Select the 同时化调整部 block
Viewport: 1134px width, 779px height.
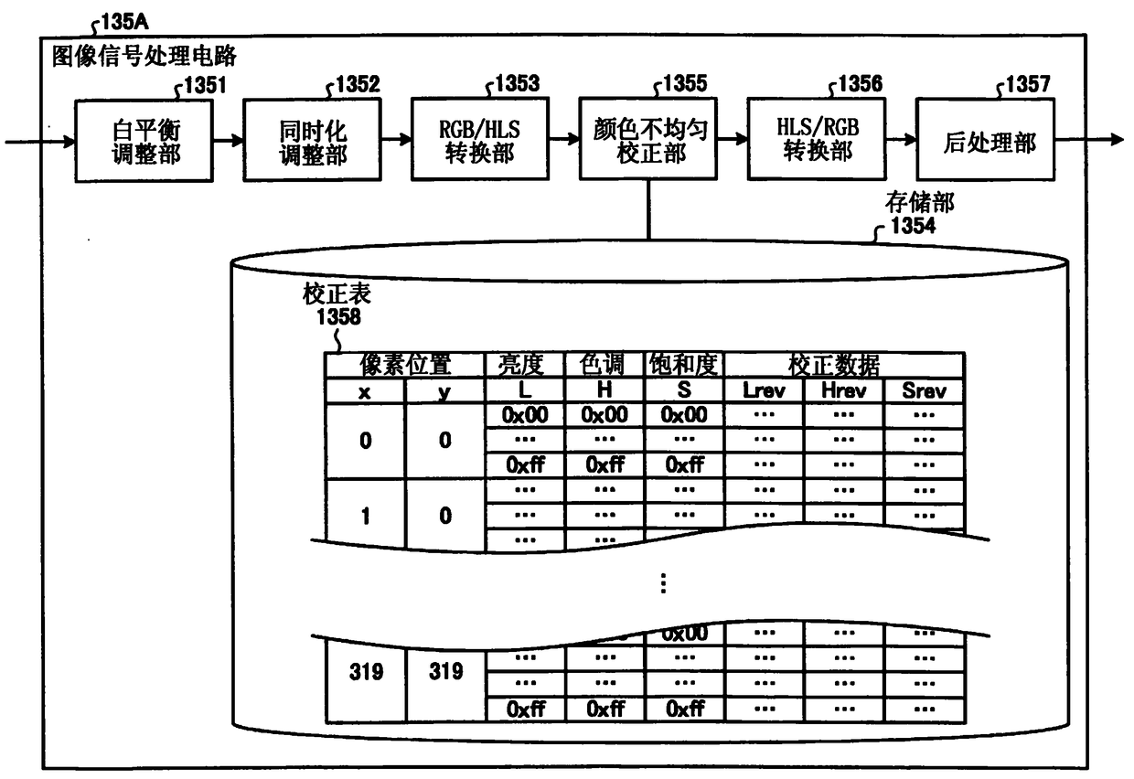pos(312,140)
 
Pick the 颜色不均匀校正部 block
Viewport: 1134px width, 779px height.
pos(647,140)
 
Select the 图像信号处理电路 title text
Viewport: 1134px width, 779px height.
pos(144,57)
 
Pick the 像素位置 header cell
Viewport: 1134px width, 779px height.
pos(404,365)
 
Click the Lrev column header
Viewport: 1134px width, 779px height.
pos(763,390)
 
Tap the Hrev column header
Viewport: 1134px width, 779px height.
pos(843,390)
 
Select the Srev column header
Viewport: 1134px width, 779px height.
pos(924,390)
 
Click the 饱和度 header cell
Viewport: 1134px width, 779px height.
pos(683,365)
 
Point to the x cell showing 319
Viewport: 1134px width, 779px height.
pos(365,672)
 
